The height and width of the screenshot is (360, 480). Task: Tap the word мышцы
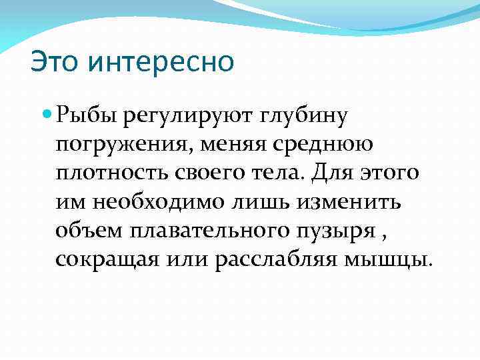pyautogui.click(x=396, y=259)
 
